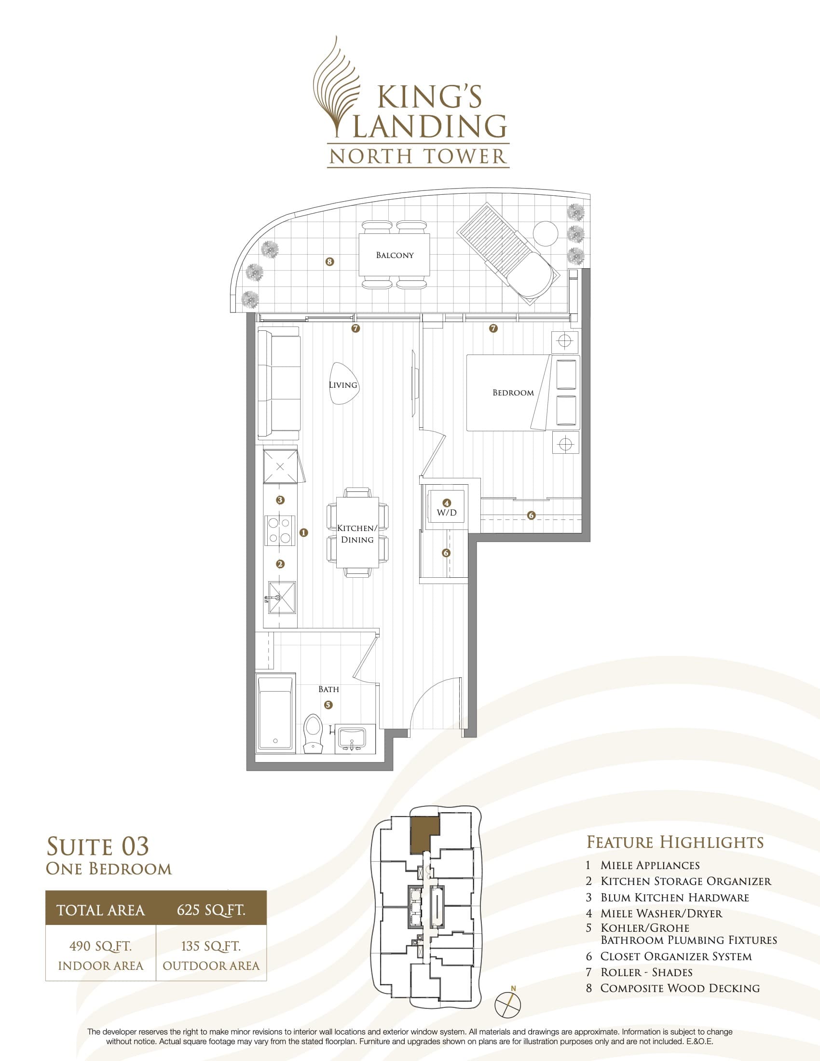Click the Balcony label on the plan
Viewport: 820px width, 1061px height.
[x=395, y=255]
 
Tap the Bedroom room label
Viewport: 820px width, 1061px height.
[x=513, y=393]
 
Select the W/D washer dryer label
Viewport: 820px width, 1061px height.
[x=447, y=513]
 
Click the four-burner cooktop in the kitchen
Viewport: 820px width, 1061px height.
[x=280, y=530]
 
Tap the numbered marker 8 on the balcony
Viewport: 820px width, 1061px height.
[x=330, y=262]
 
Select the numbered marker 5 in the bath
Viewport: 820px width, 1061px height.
[x=328, y=705]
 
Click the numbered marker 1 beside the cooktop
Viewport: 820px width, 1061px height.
[x=304, y=532]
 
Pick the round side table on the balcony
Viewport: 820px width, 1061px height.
[x=546, y=234]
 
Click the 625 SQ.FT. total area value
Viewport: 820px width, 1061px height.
[x=211, y=910]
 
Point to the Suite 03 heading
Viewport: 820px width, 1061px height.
[x=97, y=846]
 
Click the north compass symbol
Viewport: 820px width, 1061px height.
[x=507, y=1004]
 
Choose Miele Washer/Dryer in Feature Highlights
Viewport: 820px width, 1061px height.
[x=661, y=913]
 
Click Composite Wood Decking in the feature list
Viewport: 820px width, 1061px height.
[x=680, y=988]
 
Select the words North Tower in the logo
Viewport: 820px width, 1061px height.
[x=418, y=156]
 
